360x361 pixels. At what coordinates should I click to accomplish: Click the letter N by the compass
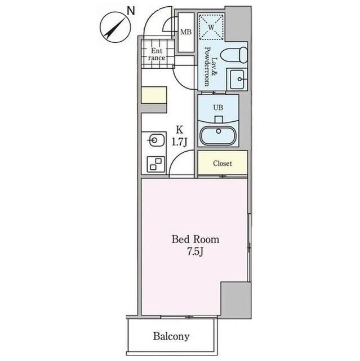[131, 10]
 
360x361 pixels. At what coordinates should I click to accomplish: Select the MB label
[185, 32]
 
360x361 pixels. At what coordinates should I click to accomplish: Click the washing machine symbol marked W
[211, 27]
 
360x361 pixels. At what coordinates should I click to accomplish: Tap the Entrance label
[157, 54]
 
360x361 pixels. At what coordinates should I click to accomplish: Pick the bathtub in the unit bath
[218, 137]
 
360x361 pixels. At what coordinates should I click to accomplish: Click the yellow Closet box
[222, 164]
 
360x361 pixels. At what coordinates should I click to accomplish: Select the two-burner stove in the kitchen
[154, 164]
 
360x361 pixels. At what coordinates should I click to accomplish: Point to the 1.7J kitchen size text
[180, 142]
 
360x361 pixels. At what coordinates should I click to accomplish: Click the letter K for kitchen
[180, 129]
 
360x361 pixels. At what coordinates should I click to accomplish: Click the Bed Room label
[195, 239]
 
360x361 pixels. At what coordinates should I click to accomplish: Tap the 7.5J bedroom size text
[195, 252]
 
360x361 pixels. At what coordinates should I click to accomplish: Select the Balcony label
[171, 337]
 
